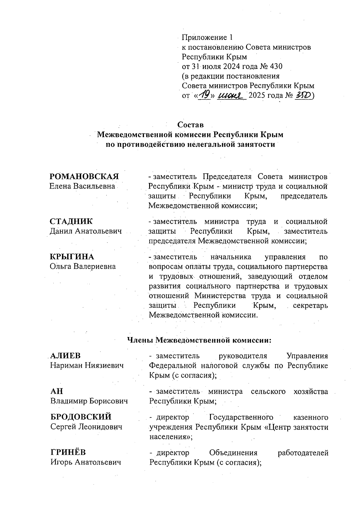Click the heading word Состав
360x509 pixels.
click(190, 124)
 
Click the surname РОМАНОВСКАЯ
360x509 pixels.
click(84, 176)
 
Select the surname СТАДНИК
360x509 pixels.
click(71, 222)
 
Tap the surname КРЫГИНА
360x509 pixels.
click(72, 257)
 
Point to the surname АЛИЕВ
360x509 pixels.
click(65, 356)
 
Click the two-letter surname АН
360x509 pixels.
click(57, 391)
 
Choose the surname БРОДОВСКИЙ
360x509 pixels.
click(81, 417)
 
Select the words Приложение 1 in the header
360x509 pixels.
click(207, 37)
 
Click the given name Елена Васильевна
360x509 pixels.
click(82, 186)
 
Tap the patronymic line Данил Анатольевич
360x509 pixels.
click(86, 231)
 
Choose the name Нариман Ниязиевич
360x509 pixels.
click(87, 366)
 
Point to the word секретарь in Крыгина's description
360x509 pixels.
click(310, 306)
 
